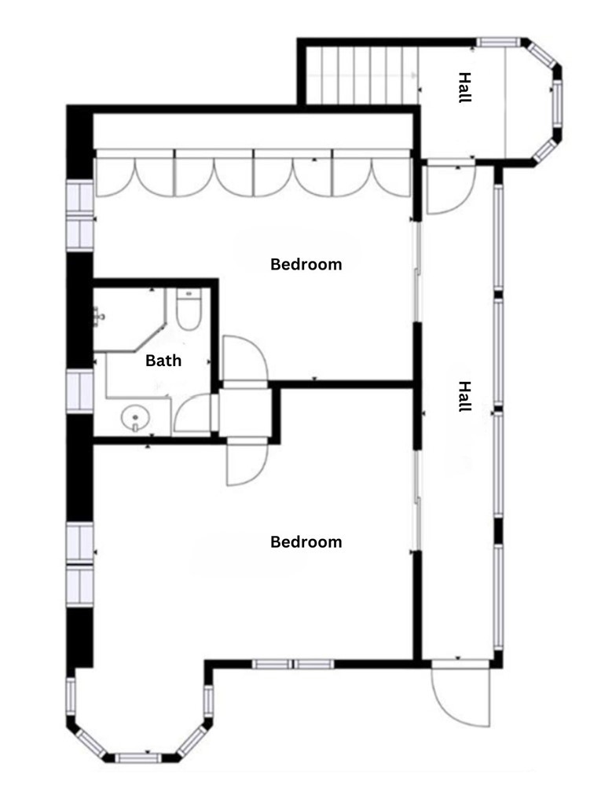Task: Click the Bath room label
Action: (163, 361)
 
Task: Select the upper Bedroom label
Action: (306, 264)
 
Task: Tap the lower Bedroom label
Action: (306, 541)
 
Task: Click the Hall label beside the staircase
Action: (465, 87)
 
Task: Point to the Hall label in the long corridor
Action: (465, 397)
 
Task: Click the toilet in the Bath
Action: (189, 310)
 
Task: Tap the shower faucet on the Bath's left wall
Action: (100, 317)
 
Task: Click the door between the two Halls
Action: (449, 189)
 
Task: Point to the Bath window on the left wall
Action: (80, 391)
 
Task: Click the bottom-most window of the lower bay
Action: (138, 757)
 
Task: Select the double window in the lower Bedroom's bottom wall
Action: (293, 664)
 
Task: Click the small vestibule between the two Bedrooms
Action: (245, 410)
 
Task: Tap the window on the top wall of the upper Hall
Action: (500, 41)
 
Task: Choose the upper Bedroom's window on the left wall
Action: (80, 214)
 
